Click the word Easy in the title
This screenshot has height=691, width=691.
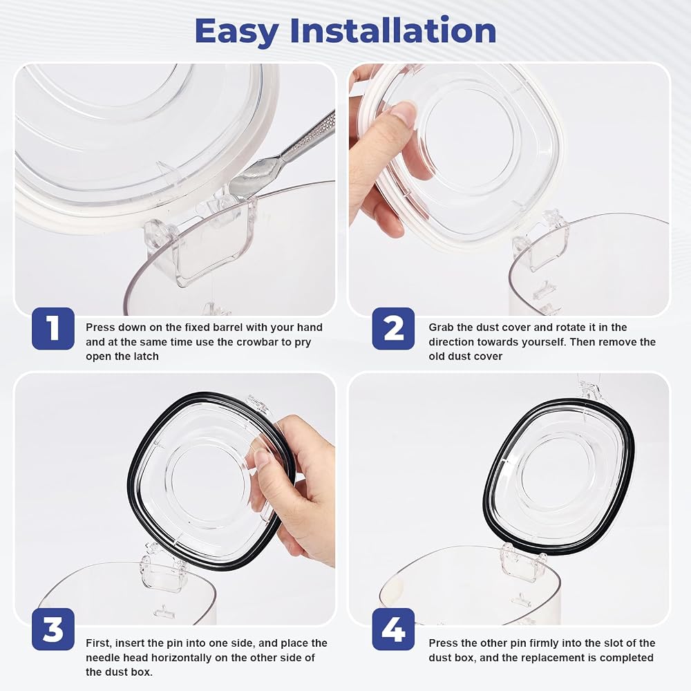click(236, 31)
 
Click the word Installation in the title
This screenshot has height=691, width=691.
click(393, 30)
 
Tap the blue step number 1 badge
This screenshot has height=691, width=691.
click(53, 329)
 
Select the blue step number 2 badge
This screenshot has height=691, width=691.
click(393, 329)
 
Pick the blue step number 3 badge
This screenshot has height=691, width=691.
click(53, 630)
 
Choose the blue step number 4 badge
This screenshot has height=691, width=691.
click(393, 630)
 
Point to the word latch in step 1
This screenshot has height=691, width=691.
click(144, 356)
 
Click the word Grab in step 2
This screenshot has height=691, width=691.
click(442, 328)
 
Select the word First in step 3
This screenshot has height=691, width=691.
click(99, 643)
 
